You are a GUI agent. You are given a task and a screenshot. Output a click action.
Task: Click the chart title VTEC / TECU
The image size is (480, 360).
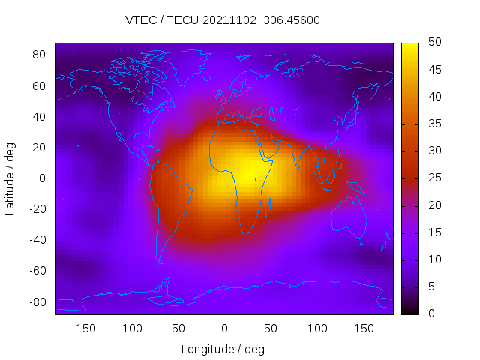tap(223, 20)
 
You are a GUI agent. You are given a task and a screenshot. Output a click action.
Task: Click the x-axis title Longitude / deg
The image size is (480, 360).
tap(223, 349)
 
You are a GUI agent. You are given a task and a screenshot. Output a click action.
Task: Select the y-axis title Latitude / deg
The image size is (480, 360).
tap(10, 178)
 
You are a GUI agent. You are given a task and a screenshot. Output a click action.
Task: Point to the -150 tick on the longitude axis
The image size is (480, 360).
tap(83, 328)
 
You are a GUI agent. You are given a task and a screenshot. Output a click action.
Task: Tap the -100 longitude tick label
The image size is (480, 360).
tap(130, 328)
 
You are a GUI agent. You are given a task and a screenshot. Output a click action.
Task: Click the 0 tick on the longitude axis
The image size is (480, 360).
tap(223, 328)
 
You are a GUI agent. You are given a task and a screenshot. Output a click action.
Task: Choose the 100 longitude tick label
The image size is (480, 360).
tap(317, 328)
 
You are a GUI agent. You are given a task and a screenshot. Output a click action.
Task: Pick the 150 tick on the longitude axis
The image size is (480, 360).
tap(364, 328)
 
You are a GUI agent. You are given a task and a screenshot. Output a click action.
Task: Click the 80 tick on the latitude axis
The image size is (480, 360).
tap(39, 55)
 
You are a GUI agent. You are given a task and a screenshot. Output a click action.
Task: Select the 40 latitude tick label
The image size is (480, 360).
tap(39, 116)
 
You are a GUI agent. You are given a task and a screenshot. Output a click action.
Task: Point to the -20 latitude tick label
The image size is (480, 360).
tap(36, 209)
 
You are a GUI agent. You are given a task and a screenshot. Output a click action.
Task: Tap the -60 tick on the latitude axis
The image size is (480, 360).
tap(36, 271)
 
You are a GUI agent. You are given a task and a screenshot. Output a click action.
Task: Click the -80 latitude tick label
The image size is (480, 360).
tap(36, 301)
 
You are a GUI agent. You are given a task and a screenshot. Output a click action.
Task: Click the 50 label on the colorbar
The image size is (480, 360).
tap(433, 43)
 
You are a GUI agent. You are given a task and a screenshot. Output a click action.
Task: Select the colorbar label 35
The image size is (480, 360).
tap(433, 124)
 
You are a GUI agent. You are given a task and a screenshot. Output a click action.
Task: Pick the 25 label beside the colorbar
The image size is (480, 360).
tap(433, 178)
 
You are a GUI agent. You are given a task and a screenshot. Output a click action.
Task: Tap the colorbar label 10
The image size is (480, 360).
tap(433, 259)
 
